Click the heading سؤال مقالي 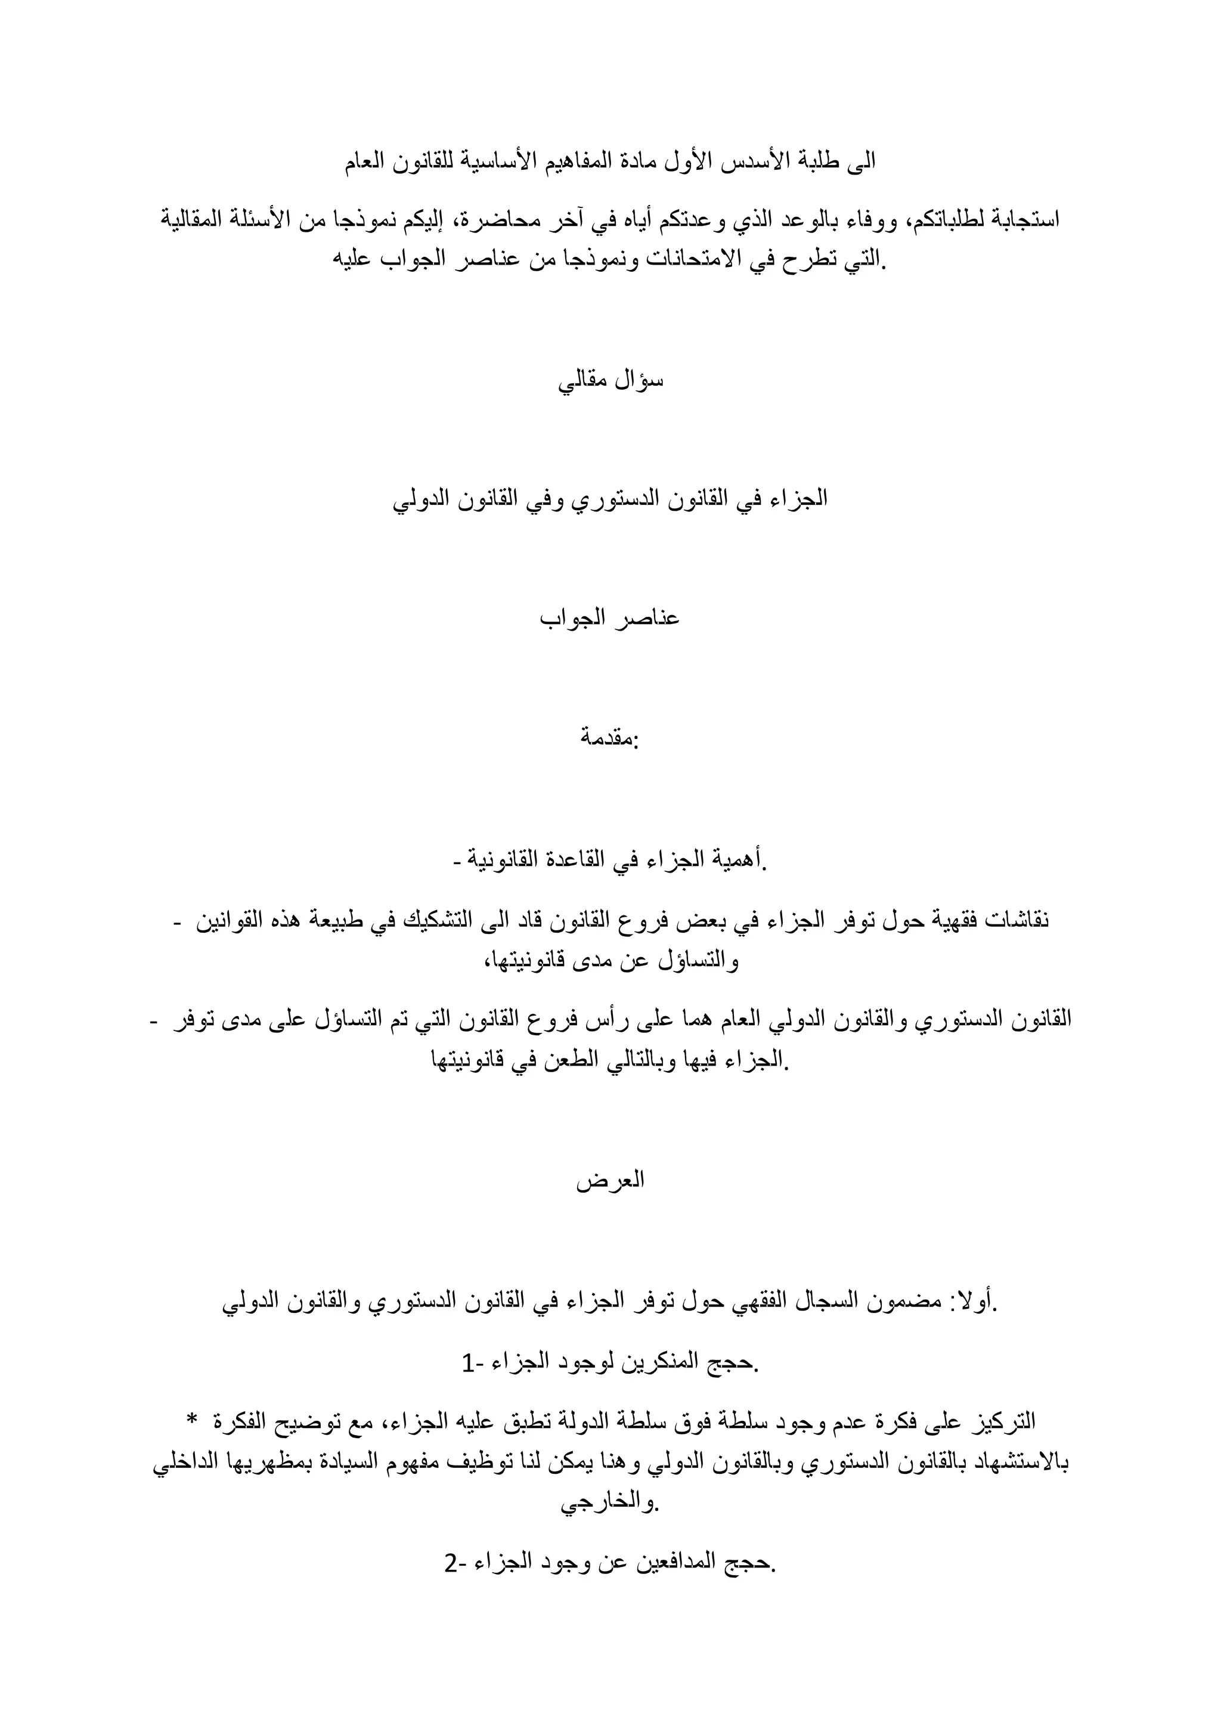pyautogui.click(x=610, y=381)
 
